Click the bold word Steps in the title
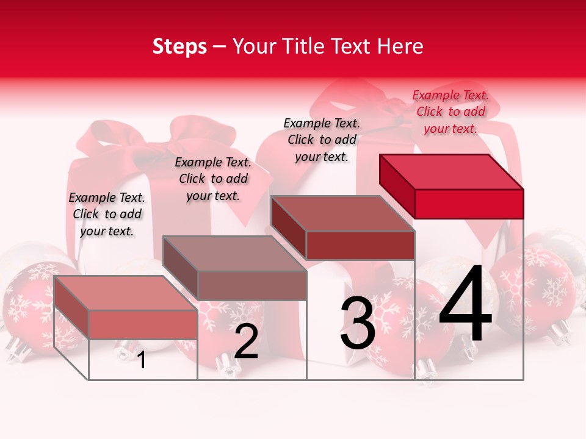pos(179,46)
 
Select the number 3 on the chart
pos(357,323)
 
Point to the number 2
pos(246,341)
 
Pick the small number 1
pos(142,360)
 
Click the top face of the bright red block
pos(452,171)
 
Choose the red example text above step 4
pos(450,112)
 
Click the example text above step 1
pos(107,214)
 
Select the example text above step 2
pos(213,179)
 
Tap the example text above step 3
pos(322,140)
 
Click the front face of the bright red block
pos(469,204)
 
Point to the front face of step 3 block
pos(360,245)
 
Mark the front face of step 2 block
pos(251,285)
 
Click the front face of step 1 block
pos(143,324)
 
